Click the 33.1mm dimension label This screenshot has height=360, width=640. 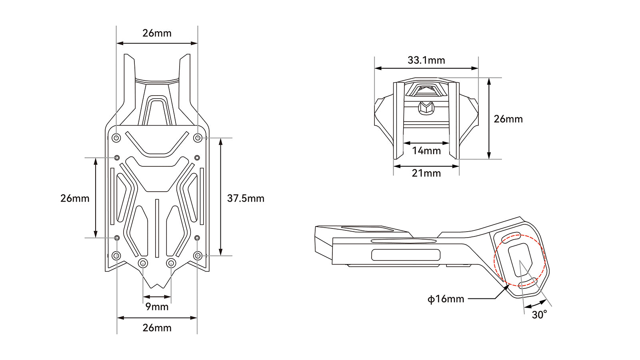pyautogui.click(x=426, y=60)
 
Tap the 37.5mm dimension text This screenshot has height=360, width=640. pyautogui.click(x=246, y=198)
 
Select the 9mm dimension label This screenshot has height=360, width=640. pyautogui.click(x=157, y=307)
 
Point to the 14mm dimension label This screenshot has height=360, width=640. pyautogui.click(x=426, y=151)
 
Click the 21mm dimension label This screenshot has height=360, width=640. pyautogui.click(x=426, y=173)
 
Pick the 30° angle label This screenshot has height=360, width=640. pyautogui.click(x=539, y=315)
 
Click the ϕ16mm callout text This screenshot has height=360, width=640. pyautogui.click(x=446, y=299)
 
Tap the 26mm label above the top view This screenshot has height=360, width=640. pyautogui.click(x=157, y=33)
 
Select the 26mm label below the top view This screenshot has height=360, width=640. pyautogui.click(x=157, y=328)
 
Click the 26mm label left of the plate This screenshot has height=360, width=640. pyautogui.click(x=75, y=198)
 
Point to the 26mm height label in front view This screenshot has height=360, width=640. pyautogui.click(x=508, y=119)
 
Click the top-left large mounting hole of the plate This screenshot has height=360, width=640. pyautogui.click(x=116, y=138)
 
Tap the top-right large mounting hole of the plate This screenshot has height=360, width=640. pyautogui.click(x=198, y=138)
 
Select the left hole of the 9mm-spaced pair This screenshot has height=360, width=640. pyautogui.click(x=143, y=263)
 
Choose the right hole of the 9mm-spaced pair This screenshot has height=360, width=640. pyautogui.click(x=171, y=263)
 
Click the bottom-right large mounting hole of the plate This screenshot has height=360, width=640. pyautogui.click(x=198, y=256)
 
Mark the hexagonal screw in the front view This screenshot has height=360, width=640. pyautogui.click(x=426, y=107)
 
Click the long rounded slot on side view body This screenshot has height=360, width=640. pyautogui.click(x=406, y=255)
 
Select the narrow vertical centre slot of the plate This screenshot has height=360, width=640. pyautogui.click(x=157, y=228)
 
